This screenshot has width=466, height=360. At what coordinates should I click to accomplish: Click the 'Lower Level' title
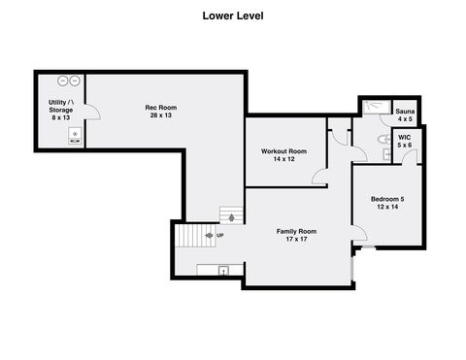pos(232,16)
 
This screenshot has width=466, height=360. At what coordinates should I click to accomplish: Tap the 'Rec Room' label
pos(160,108)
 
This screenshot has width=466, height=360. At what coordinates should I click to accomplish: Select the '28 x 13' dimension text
pos(160,116)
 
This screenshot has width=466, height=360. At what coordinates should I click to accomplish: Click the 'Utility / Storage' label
pos(61,108)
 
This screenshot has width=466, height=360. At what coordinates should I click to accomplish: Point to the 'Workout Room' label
pos(283,151)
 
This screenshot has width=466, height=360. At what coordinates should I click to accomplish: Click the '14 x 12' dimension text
pos(283,161)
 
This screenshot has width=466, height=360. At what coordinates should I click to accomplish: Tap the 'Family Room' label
pos(296,231)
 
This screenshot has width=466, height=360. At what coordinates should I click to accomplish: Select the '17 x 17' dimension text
pos(296,240)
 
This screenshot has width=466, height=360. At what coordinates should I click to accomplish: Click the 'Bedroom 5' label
pos(387,199)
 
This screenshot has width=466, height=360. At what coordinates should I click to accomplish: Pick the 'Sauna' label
pos(404,112)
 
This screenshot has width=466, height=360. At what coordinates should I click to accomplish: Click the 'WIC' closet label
pos(404,138)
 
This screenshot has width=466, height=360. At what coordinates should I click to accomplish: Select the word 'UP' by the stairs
pos(219,236)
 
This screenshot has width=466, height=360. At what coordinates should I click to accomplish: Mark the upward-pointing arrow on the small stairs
pos(230,217)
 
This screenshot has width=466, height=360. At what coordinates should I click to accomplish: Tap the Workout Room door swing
pos(319,176)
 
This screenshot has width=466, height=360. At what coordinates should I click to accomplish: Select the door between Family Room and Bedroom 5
pos(357,233)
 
